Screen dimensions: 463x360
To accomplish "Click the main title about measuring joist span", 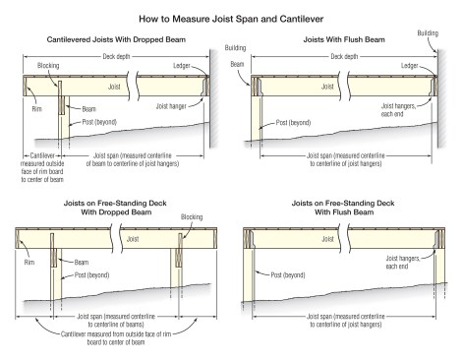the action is (231, 19).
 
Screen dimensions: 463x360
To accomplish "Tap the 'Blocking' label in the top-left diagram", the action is (48, 66).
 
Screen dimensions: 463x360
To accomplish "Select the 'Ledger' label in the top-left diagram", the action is (182, 66).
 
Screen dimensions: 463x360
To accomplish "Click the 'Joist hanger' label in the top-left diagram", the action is (171, 106).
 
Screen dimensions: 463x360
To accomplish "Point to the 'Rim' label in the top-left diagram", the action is (36, 109).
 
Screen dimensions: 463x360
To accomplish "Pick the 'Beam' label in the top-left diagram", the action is (88, 109).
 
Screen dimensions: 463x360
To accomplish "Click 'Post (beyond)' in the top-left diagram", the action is (99, 122).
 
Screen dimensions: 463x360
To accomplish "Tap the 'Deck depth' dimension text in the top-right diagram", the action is (344, 56).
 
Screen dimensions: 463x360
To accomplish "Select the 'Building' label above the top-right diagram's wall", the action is (428, 33).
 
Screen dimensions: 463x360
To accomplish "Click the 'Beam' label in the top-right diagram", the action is (237, 64).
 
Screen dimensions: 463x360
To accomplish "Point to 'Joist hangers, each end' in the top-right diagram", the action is (398, 110).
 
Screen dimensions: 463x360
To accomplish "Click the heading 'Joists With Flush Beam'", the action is (344, 39).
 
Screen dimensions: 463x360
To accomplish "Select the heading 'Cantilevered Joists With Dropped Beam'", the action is (116, 39).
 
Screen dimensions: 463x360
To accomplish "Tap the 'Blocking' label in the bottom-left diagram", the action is (192, 217).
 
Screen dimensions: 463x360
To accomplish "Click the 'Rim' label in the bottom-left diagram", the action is (29, 262).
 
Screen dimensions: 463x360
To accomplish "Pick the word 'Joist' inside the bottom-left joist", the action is (133, 239).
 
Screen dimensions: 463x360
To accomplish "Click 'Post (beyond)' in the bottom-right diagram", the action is (288, 275).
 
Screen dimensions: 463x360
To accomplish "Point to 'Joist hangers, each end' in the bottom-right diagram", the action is (403, 263).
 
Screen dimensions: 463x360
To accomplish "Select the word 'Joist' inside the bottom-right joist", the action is (327, 239).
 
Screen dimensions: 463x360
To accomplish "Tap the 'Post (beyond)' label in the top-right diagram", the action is (293, 123).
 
